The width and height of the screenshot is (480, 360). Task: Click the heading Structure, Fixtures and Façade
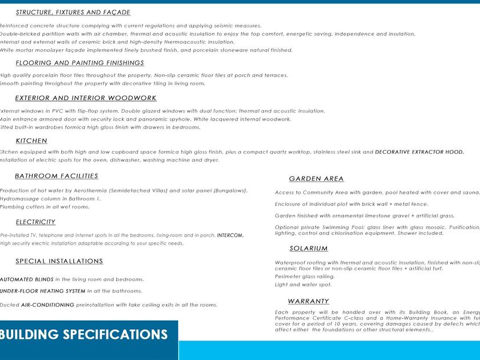point(73,13)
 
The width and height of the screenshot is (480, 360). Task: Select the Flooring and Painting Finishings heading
point(79,63)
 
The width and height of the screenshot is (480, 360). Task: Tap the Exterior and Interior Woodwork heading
point(86,98)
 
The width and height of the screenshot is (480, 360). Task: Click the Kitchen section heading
point(31,141)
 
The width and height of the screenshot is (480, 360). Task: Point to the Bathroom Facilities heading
point(57,176)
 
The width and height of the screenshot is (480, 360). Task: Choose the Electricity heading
point(35,222)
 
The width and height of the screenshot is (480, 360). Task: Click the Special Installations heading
point(59,261)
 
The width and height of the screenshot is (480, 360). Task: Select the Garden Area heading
point(317,179)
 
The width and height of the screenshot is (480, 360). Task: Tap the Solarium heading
point(309,249)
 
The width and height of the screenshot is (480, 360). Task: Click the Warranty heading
point(309,301)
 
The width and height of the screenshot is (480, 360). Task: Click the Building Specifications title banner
point(83,335)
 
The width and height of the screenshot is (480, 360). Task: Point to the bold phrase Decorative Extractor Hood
point(419,152)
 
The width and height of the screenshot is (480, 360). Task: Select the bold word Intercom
point(230,235)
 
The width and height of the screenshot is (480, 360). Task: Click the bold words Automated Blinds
point(26,279)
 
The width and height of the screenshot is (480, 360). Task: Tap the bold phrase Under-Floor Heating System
point(43,291)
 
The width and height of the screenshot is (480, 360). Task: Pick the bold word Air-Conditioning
point(47,305)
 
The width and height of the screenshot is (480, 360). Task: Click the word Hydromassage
point(18,198)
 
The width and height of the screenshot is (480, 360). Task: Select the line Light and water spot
point(303,285)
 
